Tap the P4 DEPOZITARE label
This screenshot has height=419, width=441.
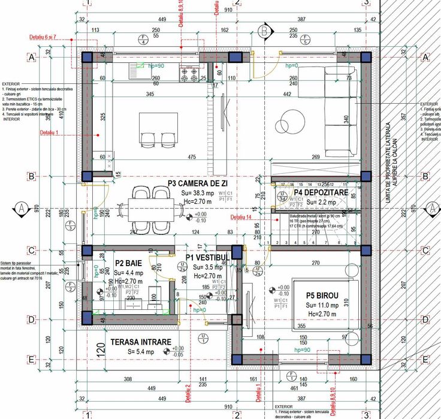coord(321,192)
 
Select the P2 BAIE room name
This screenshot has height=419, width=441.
coord(128,263)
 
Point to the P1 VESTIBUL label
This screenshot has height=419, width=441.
coord(207,257)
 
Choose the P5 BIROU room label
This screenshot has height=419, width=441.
coord(322,296)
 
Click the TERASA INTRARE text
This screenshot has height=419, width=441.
coord(140,342)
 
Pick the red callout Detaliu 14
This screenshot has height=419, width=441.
coord(241,217)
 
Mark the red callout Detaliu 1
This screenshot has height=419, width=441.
coord(53,132)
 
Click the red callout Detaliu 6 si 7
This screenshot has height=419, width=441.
coord(43,37)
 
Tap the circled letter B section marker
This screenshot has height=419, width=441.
coord(264,30)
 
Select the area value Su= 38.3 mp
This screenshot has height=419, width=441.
coord(198,194)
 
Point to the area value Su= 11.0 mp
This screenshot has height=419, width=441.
coord(322,305)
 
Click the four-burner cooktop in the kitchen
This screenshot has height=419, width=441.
coord(189,74)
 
